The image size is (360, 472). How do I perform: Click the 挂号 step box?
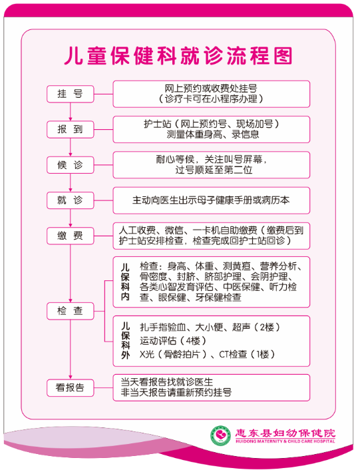click(x=70, y=94)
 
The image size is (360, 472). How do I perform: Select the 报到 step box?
click(x=70, y=129)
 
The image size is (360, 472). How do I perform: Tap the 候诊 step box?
click(x=70, y=165)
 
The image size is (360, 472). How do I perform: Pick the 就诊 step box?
click(x=70, y=200)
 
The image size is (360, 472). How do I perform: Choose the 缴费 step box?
click(x=70, y=236)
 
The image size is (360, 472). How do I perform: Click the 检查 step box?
click(x=70, y=311)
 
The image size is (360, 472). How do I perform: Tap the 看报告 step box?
click(x=70, y=387)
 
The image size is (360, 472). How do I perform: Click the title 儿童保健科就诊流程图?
click(x=178, y=56)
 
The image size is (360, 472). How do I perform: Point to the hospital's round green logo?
click(x=221, y=435)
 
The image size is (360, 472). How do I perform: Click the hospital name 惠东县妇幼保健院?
click(x=285, y=433)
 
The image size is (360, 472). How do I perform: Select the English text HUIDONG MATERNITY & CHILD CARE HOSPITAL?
click(x=285, y=441)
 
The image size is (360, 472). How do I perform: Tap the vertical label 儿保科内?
click(x=125, y=282)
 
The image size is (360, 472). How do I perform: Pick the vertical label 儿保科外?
click(x=125, y=341)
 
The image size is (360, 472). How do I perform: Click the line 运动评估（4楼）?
click(x=173, y=341)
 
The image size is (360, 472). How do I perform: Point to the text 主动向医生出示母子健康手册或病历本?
click(x=211, y=200)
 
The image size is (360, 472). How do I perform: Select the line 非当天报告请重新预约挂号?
click(x=176, y=393)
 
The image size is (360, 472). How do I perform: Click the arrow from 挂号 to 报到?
click(x=70, y=112)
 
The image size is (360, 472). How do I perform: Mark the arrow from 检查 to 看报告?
click(x=70, y=350)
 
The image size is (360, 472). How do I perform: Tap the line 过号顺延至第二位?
click(x=214, y=170)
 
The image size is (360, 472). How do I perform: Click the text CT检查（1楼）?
click(x=247, y=354)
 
